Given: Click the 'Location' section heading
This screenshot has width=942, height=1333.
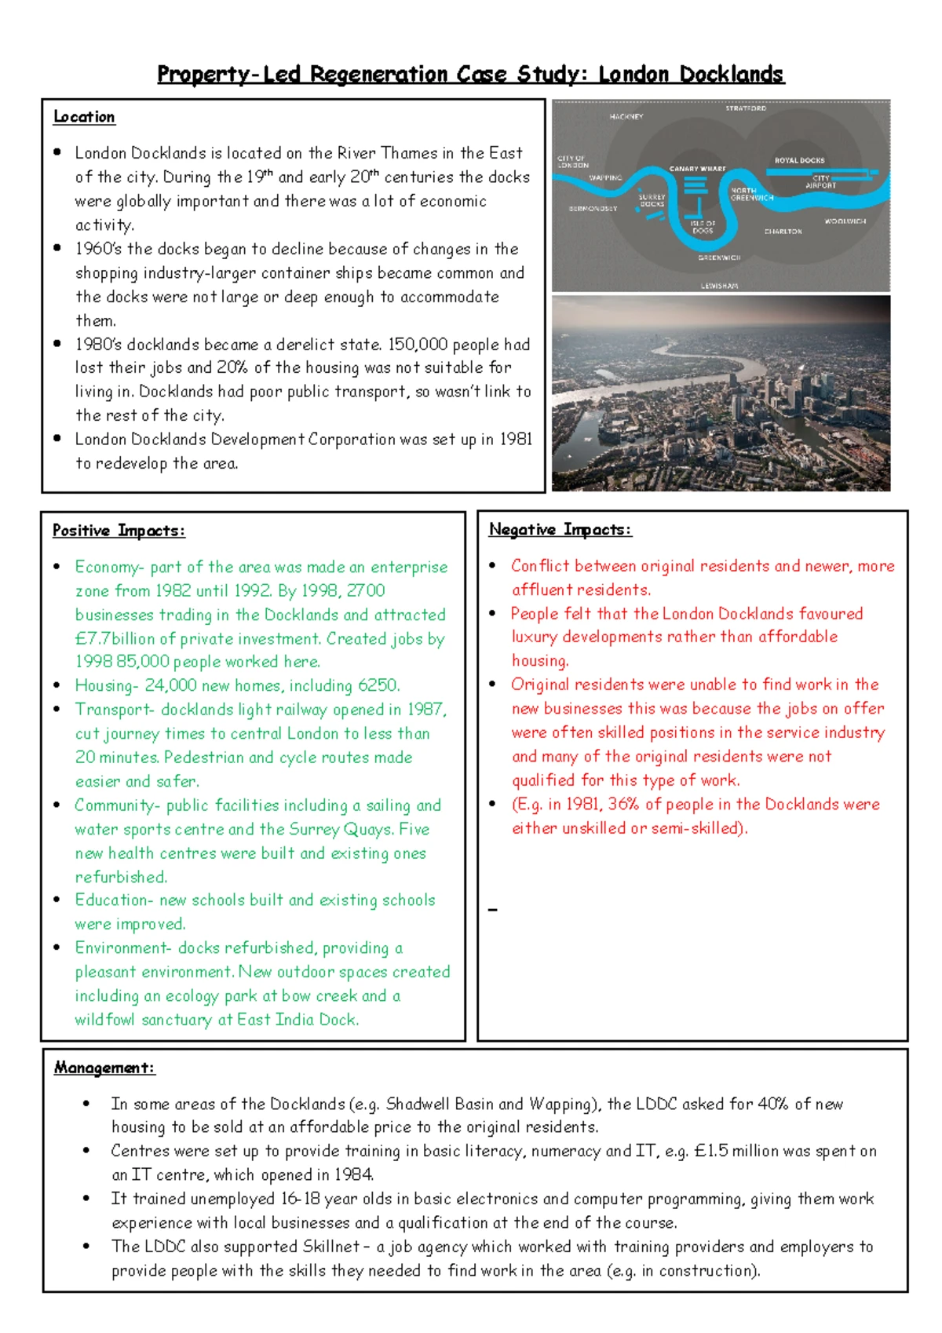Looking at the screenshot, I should click(x=84, y=117).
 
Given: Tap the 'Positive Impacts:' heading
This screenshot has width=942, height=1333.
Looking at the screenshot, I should click(x=119, y=531).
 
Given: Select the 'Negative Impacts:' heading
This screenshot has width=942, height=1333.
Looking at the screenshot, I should click(x=560, y=530).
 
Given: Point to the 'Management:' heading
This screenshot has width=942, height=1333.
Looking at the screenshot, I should click(x=104, y=1068).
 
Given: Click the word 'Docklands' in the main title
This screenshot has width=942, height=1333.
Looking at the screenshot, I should click(x=731, y=75).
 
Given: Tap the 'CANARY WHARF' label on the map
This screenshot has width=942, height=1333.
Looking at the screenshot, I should click(x=697, y=169).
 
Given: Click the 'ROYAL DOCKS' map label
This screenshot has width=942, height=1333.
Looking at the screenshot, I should click(x=799, y=160).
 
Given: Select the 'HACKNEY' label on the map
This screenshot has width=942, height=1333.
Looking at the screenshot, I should click(x=626, y=117).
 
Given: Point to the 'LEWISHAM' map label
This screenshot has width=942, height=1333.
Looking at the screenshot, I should click(x=719, y=286).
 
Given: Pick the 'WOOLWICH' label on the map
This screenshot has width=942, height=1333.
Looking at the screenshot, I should click(x=845, y=221).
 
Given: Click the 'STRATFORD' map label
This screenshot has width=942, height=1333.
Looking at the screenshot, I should click(x=745, y=108).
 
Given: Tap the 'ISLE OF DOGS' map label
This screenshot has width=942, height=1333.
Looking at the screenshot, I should click(x=703, y=227).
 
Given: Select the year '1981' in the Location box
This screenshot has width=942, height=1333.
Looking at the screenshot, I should click(x=516, y=440).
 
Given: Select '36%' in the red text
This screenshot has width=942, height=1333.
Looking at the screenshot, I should click(x=624, y=804).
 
